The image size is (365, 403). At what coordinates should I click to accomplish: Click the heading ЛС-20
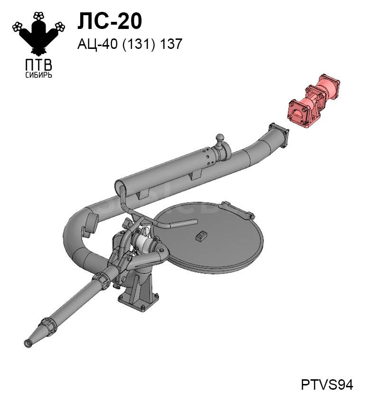tap(110, 21)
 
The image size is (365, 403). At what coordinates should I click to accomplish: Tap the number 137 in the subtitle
tap(171, 44)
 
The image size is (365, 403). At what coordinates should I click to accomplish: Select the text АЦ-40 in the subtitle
tap(98, 44)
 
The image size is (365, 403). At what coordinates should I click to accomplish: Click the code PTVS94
tap(327, 385)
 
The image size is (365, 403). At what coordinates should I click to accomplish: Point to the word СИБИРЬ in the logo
tap(39, 75)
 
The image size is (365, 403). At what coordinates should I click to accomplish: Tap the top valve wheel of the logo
tap(39, 16)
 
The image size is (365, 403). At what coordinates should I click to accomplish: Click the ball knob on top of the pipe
tap(220, 138)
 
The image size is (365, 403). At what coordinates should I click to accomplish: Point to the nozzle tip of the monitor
tap(28, 343)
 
